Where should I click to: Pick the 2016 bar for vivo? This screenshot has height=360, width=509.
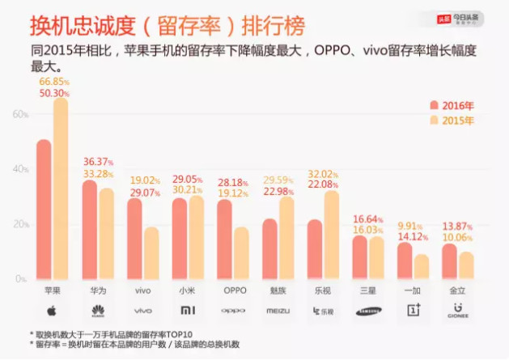[x=134, y=239]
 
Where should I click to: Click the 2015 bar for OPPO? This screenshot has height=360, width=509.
[x=241, y=252]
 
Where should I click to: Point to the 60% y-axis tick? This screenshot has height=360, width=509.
[x=19, y=114]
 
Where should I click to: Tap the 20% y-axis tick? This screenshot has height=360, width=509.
[x=19, y=224]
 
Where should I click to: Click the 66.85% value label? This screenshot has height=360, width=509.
[x=54, y=83]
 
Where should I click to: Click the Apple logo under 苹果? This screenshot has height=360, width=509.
[x=51, y=310]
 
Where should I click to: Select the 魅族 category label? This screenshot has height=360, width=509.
[x=278, y=290]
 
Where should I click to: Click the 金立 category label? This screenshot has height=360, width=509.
[x=458, y=290]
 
